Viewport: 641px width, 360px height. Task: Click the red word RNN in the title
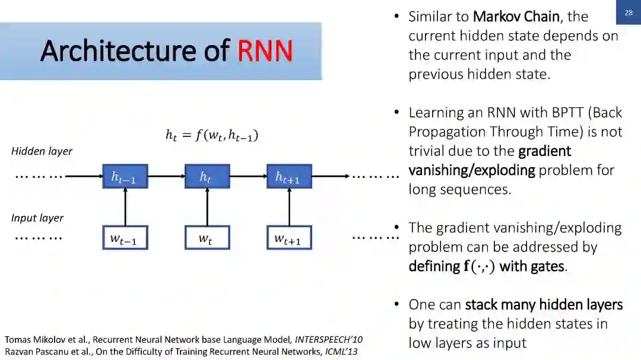(x=265, y=51)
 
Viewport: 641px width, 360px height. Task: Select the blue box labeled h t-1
(x=125, y=176)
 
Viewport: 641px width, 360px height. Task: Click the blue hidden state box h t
(x=207, y=176)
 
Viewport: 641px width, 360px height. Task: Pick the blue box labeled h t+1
(x=288, y=176)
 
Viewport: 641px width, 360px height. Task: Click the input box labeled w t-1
(x=125, y=238)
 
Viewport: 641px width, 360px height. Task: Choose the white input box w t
(x=207, y=238)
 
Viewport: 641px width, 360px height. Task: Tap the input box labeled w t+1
(x=288, y=238)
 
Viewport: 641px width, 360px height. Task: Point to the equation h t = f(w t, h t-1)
(x=212, y=136)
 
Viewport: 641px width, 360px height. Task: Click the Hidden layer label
(x=42, y=151)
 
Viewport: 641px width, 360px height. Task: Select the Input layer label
(x=37, y=218)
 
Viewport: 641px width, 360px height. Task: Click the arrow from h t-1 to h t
(x=166, y=176)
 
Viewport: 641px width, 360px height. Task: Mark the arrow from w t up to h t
(x=207, y=208)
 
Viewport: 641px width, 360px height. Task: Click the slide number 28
(x=629, y=12)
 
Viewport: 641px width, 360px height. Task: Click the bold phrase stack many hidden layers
(x=544, y=305)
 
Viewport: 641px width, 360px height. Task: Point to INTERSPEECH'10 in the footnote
(x=329, y=340)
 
